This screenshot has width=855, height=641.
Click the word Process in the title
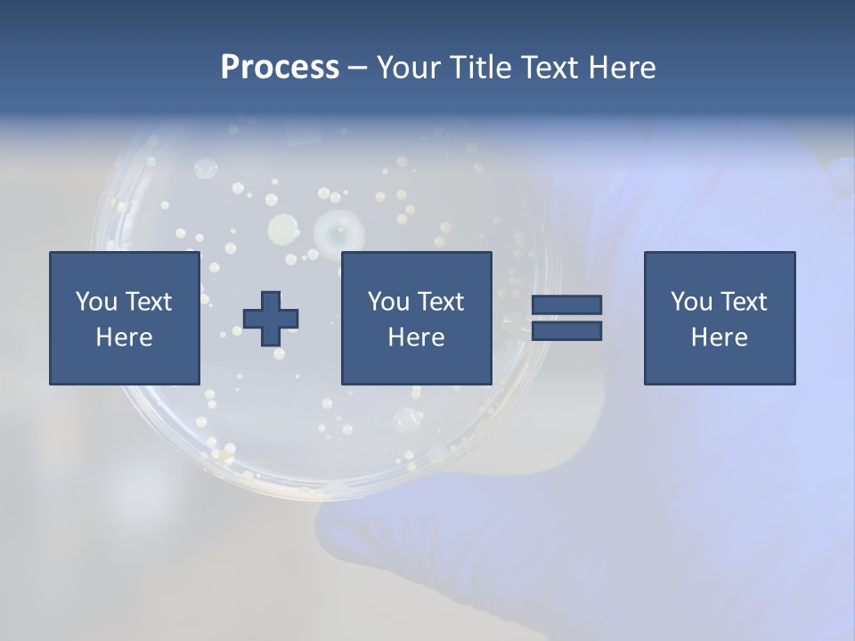pos(280,68)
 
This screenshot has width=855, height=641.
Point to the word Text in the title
pos(546,68)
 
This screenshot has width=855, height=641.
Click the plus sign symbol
pos(271,318)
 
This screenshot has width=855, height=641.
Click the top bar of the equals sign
pos(566,304)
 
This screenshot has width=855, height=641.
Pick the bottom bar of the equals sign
pos(566,330)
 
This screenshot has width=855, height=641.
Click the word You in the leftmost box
pos(96,302)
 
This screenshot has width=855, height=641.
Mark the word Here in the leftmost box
pos(124,337)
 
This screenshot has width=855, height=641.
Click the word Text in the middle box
pos(440,302)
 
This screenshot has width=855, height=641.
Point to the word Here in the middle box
pos(416,337)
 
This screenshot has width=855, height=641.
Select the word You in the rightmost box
pos(691,302)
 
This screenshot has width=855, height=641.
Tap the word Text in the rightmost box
pos(743,302)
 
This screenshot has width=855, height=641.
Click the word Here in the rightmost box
pos(719,337)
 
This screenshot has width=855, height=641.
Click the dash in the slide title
pos(357,69)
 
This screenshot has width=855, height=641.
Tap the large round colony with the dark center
pos(338,232)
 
